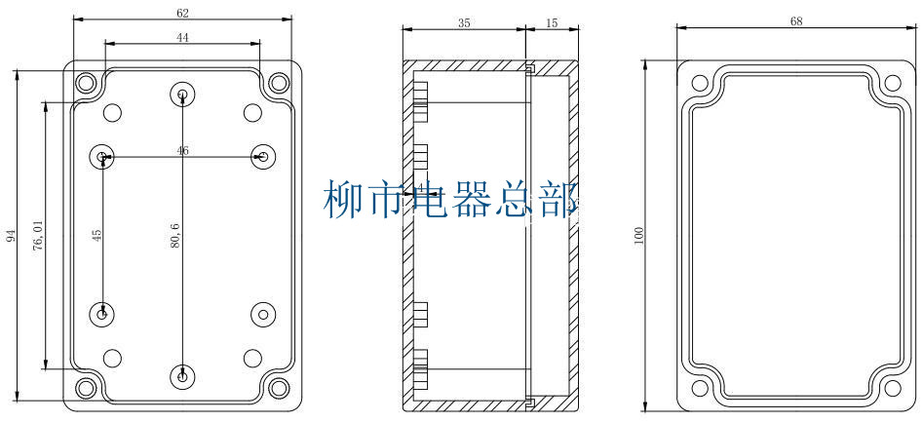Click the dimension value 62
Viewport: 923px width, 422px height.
[x=182, y=13]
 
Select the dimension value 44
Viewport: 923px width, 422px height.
[x=182, y=36]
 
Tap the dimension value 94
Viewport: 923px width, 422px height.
[x=11, y=236]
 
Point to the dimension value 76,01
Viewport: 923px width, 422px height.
[x=38, y=235]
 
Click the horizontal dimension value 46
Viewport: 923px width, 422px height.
[x=182, y=150]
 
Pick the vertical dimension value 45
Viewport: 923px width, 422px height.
[x=96, y=235]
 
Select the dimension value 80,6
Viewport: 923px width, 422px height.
[x=174, y=236]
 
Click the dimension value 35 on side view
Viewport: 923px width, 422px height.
[x=464, y=23]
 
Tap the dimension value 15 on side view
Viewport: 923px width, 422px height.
[x=553, y=23]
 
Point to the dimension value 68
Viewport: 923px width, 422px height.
[x=796, y=21]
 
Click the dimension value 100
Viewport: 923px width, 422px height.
[x=639, y=236]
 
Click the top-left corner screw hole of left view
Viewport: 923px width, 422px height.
[x=86, y=83]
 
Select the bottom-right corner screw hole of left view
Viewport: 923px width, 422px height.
[x=278, y=388]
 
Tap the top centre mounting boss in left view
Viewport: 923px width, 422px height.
[x=182, y=95]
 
